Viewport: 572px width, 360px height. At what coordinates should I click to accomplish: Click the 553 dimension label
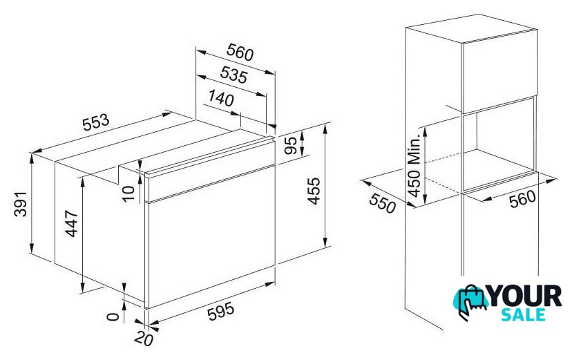(96, 122)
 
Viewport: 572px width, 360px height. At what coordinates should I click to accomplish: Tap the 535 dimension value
(233, 75)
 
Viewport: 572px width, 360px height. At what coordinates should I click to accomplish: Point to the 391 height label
(21, 204)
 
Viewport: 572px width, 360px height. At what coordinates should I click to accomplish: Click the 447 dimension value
(72, 223)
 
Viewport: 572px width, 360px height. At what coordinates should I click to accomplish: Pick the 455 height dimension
(314, 191)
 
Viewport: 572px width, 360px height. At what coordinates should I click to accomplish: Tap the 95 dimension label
(291, 146)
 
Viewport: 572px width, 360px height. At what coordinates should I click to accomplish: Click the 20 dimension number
(144, 339)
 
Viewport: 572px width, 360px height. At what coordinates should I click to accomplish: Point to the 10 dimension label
(128, 193)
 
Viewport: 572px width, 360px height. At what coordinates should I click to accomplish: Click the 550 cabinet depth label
(382, 203)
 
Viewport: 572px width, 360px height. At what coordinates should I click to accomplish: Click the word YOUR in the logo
(524, 296)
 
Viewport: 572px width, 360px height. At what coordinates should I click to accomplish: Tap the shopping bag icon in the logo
(470, 303)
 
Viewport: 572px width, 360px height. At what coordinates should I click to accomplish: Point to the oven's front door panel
(211, 237)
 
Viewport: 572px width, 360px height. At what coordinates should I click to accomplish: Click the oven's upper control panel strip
(210, 170)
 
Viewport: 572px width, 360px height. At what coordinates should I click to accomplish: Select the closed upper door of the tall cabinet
(499, 73)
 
